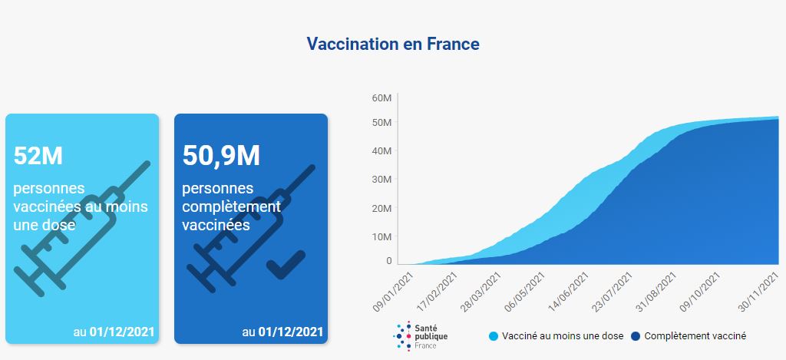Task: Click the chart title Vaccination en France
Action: point(393,44)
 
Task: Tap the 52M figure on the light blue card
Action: point(38,156)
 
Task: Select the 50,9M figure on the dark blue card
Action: point(221,156)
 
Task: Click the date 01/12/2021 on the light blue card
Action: point(122,332)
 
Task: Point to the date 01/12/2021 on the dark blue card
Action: point(291,332)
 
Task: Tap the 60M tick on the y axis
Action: point(382,98)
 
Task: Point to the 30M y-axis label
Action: point(382,180)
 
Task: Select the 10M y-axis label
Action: point(382,236)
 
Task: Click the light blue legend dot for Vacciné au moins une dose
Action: point(494,336)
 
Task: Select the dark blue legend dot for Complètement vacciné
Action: point(636,336)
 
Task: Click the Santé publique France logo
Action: point(421,336)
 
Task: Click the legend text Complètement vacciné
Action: point(695,336)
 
